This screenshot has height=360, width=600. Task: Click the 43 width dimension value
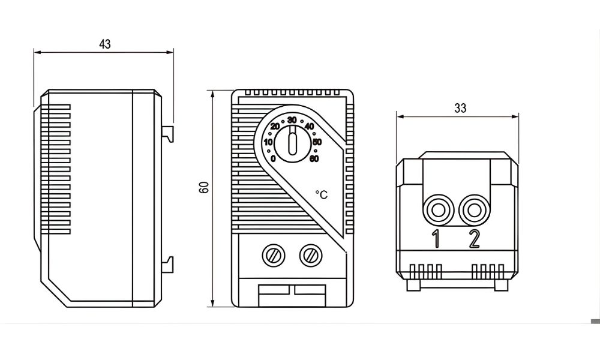pos(105,44)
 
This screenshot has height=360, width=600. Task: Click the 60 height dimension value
pos(204,187)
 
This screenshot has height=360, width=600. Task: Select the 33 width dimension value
pos(460,109)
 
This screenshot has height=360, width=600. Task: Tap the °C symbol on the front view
pos(322,194)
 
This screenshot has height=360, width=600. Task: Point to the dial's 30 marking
pos(292,119)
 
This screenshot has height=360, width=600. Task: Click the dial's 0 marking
pos(273,158)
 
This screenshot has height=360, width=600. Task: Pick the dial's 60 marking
pos(314,158)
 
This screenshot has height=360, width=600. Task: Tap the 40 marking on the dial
pos(310,127)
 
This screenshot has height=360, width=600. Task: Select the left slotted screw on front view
pos(273,256)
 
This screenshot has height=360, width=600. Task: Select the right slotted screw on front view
pos(310,256)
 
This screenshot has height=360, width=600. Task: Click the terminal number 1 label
pos(437,239)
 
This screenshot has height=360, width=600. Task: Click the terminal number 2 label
pos(474,239)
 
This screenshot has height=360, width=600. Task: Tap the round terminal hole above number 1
pos(436,210)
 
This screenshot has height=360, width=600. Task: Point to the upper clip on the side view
pos(170,133)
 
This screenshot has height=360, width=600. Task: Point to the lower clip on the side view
pos(170,262)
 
